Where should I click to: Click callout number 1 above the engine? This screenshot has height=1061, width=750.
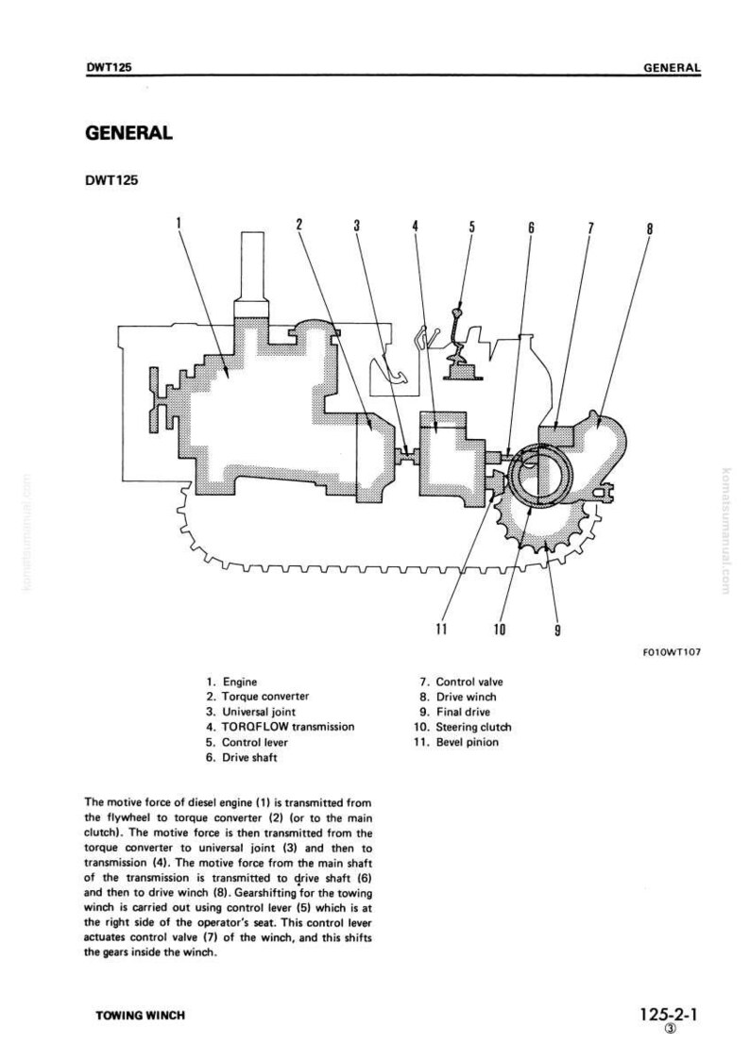click(179, 223)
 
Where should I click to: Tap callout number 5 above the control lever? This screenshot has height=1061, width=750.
click(471, 227)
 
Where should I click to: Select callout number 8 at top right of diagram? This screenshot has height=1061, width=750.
click(650, 228)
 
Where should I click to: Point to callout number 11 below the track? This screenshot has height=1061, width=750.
click(441, 629)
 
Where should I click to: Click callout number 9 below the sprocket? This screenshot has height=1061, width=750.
click(557, 630)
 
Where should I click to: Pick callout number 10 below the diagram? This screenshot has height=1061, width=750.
click(500, 629)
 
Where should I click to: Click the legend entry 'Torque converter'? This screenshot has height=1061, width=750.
click(257, 697)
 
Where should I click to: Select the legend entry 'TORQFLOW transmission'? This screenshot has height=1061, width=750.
click(281, 727)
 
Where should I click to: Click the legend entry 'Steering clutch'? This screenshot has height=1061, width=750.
click(462, 727)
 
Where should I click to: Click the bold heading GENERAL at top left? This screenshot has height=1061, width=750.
click(128, 132)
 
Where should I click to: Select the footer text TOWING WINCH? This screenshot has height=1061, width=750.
click(140, 1015)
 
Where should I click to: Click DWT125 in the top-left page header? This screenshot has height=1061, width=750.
click(109, 67)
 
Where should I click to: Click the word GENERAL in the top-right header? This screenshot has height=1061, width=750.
click(673, 68)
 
